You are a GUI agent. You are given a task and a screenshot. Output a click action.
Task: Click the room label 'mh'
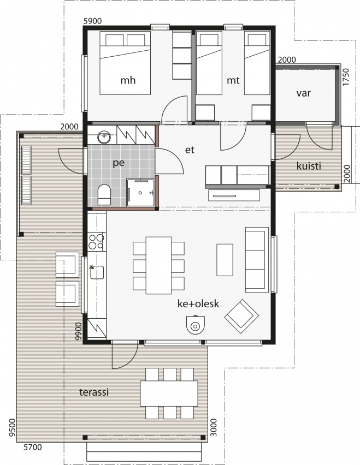tap(128, 80)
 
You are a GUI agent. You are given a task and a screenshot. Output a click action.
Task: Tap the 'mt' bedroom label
tap(233, 80)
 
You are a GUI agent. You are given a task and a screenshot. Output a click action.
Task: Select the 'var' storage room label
tap(304, 93)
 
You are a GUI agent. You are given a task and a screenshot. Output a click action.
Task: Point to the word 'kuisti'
tap(309, 166)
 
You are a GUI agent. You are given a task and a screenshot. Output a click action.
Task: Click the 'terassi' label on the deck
tap(94, 392)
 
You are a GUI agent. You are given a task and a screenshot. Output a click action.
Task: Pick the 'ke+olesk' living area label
tap(198, 303)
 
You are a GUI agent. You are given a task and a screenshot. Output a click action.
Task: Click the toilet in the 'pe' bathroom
tap(104, 194)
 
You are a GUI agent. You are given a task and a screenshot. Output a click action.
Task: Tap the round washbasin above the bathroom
tap(104, 137)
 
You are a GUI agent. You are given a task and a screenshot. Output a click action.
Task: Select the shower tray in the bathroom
tap(141, 193)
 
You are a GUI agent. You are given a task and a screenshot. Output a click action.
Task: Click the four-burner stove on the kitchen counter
tap(97, 241)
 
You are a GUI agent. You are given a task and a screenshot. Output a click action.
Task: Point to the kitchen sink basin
tap(97, 272)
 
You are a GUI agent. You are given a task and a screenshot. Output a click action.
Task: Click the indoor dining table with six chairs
tap(158, 265)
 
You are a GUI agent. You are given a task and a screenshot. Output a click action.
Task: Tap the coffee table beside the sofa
tap(225, 260)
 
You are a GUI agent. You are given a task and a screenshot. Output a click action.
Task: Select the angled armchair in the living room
tap(241, 317)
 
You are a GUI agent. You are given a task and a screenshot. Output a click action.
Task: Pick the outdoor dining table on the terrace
tap(169, 394)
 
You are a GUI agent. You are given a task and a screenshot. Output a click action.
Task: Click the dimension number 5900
tap(93, 21)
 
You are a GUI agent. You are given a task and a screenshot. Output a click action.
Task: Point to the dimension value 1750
tap(346, 77)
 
